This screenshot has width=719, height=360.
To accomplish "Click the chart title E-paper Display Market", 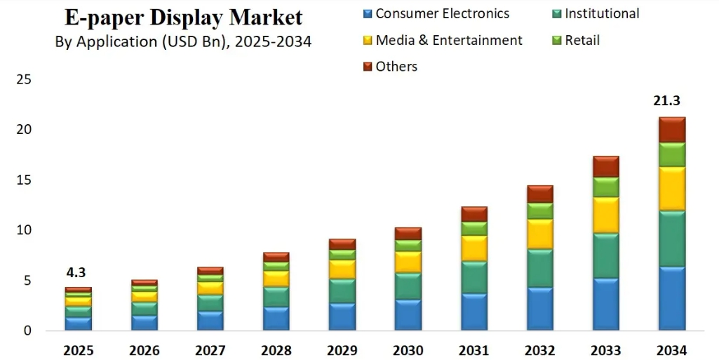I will pos(184,17).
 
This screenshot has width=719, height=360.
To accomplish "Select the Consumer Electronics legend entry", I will pos(442,13).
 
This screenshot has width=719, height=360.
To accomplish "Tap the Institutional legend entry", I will pos(601,13).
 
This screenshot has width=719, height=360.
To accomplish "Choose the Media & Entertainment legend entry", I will pos(448,40).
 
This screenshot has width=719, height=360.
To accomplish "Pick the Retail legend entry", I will pos(582,40).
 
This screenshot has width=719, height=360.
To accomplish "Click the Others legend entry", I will pos(396,67).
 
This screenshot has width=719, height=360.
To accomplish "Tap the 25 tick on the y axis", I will pos(23,80).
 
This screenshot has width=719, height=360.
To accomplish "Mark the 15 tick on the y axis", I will pos(23,180).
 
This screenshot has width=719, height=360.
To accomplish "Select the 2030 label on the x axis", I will pos(408,350).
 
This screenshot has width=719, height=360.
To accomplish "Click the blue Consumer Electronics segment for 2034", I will pos(671,298).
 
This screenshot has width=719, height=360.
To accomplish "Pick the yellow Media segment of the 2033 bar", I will pos(605,215).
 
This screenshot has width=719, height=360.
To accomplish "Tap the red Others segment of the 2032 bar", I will pos(540,194).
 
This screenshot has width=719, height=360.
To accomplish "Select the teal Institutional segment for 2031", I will pos(474,277).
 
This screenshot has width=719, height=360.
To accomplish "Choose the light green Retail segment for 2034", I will pos(671,154).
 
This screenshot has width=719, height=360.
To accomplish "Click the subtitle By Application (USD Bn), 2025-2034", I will pos(183,41).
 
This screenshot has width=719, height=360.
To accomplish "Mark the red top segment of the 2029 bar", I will pos(343,244).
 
